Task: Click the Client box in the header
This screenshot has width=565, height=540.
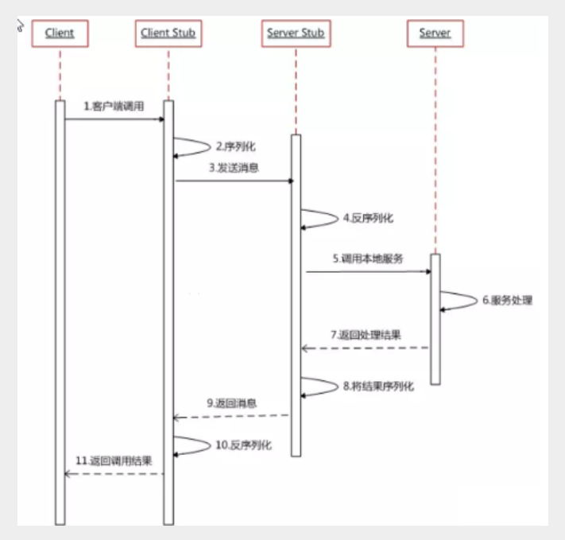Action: (60, 33)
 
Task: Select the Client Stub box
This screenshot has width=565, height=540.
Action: (168, 33)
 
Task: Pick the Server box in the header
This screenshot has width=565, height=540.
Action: (435, 33)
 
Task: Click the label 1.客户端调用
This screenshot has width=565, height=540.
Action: (114, 106)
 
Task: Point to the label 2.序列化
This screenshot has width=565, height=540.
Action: (235, 147)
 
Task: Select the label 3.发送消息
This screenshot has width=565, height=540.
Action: (234, 168)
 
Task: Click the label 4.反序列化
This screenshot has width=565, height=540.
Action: (368, 217)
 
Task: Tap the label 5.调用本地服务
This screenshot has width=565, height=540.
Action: (367, 258)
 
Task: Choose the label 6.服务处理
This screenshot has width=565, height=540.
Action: (506, 300)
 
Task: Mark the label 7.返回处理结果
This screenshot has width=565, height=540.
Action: (366, 335)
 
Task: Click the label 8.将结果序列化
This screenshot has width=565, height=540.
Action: (377, 386)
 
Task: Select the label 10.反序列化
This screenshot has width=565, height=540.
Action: (243, 445)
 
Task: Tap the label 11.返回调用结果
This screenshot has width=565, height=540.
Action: (114, 460)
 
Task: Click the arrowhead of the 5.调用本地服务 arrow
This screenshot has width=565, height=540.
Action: (427, 271)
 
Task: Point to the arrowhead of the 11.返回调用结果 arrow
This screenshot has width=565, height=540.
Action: (68, 474)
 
